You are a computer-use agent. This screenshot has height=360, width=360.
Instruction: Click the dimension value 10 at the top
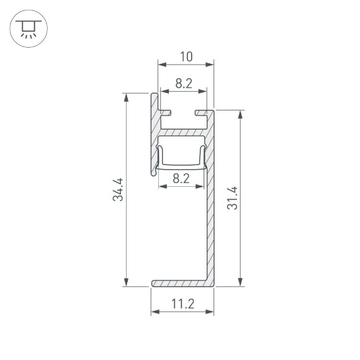(186, 57)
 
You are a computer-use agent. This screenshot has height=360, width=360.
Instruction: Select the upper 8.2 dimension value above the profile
(182, 83)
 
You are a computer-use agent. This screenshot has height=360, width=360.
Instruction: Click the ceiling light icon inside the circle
(27, 29)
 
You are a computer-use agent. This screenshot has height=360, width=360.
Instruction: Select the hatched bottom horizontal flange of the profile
(180, 283)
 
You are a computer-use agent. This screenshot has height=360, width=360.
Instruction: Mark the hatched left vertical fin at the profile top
(153, 133)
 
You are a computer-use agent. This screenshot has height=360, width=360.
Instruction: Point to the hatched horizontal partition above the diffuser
(183, 132)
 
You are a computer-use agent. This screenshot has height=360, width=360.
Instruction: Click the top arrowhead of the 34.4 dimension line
(127, 97)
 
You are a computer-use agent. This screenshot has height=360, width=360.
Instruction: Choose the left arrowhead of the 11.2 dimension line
(155, 312)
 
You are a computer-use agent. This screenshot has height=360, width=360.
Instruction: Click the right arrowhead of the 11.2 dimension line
(210, 312)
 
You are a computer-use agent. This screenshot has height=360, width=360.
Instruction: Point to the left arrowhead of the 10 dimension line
(161, 64)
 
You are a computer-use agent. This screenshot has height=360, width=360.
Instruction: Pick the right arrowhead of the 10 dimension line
(210, 64)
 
